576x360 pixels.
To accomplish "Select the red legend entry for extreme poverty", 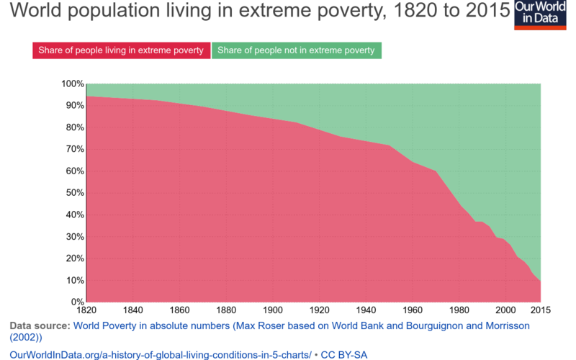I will pos(121,50).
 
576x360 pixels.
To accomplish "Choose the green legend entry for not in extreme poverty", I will pos(296,50).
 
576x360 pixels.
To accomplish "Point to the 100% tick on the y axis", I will pos(72,84).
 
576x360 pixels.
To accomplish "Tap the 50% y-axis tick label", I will pos(73,193).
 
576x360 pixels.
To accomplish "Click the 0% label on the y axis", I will pos(76,302).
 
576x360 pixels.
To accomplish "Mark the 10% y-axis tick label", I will pos(73,280).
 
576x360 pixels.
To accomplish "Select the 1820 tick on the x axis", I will pos(86,310).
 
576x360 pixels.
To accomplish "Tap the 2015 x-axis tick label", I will pos(540,310).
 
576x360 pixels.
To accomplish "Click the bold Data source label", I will pos(39,326).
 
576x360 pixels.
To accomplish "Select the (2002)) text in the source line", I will pos(26,337).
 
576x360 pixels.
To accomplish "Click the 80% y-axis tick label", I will pos(73,128).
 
